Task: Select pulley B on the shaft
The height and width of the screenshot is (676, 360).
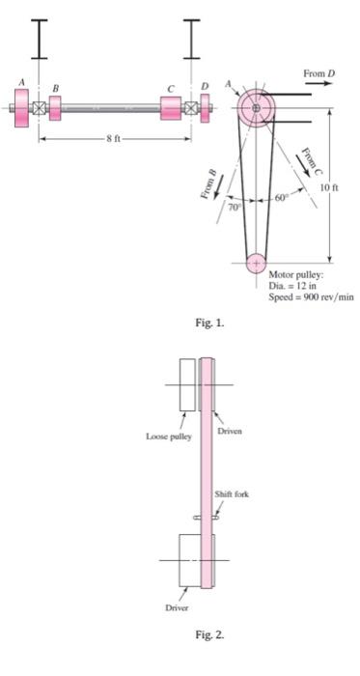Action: pyautogui.click(x=55, y=108)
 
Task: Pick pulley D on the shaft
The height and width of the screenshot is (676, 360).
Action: pyautogui.click(x=204, y=108)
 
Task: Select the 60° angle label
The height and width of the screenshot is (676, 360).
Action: pyautogui.click(x=279, y=197)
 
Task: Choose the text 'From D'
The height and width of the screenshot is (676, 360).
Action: pyautogui.click(x=318, y=73)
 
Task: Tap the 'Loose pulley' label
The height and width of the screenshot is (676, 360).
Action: pyautogui.click(x=169, y=436)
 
